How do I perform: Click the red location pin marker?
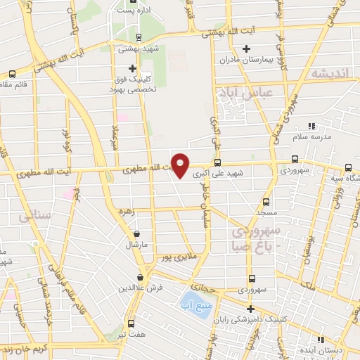(x=181, y=165)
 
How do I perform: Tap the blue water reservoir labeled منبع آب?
(x=194, y=305)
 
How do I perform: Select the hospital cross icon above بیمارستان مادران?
(x=246, y=49)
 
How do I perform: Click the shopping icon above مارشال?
(x=136, y=233)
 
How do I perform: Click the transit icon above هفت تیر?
(x=131, y=323)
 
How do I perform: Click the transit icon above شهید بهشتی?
(x=139, y=37)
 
